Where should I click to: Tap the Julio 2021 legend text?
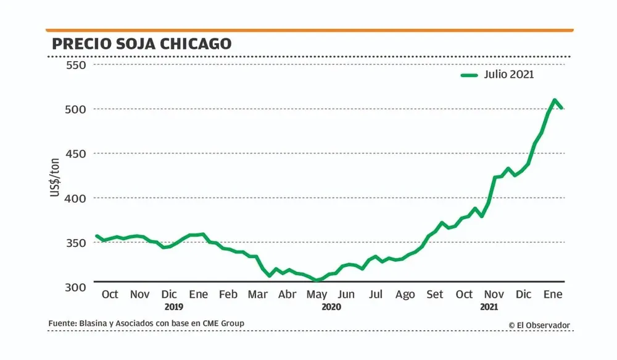(510, 75)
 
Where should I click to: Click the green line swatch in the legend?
(470, 75)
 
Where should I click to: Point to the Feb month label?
(228, 295)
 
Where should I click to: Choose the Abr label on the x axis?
(288, 295)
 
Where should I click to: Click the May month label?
(317, 295)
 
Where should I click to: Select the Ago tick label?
(405, 295)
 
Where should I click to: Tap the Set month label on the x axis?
(435, 295)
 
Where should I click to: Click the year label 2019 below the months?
(174, 306)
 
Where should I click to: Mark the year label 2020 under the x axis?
(332, 306)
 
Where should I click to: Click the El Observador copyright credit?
(539, 325)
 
